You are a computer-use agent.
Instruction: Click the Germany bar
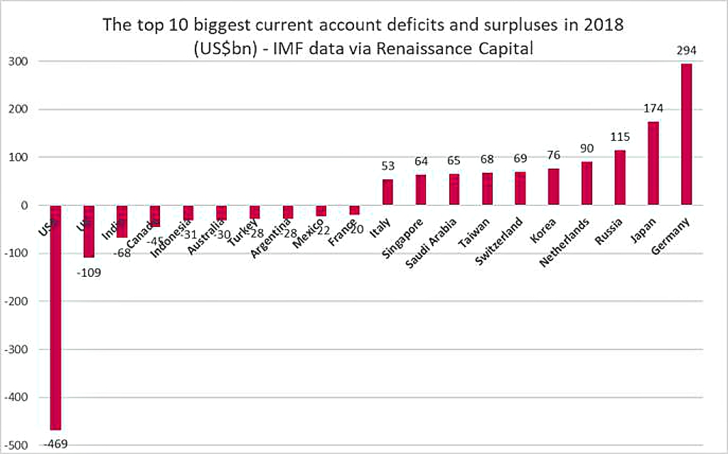click(686, 134)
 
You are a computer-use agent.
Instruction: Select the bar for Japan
click(653, 164)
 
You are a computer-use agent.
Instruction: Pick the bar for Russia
click(620, 178)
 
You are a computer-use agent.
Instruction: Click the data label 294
click(686, 51)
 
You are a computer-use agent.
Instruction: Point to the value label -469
click(55, 444)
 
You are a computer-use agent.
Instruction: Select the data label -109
click(89, 272)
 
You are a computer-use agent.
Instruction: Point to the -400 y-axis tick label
click(17, 398)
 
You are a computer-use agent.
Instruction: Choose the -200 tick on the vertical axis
click(17, 302)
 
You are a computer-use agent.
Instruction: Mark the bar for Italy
click(387, 192)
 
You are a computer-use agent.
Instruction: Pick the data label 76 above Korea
click(554, 156)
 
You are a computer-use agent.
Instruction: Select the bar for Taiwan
click(487, 189)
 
